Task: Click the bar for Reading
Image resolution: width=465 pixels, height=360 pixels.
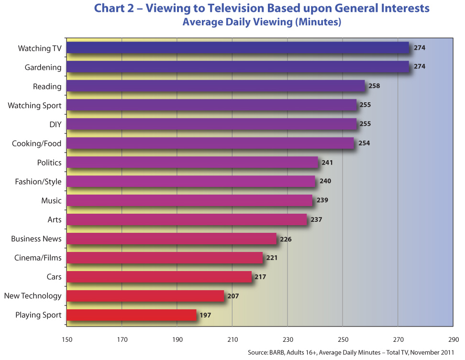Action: click(x=215, y=86)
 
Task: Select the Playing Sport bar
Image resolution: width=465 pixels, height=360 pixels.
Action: click(x=132, y=315)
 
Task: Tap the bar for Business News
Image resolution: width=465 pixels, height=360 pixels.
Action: click(x=171, y=239)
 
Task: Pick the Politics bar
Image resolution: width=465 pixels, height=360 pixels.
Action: click(x=192, y=163)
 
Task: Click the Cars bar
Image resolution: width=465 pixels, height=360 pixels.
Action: click(x=159, y=277)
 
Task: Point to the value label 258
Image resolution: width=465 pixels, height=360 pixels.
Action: click(x=375, y=86)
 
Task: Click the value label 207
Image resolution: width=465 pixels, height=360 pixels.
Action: click(x=232, y=296)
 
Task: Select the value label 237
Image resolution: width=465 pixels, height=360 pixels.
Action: click(x=316, y=220)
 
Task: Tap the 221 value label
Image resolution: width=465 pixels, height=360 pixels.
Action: click(x=272, y=258)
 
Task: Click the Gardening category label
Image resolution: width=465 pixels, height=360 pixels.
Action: click(x=43, y=67)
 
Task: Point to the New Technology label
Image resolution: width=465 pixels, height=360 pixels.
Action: click(x=33, y=296)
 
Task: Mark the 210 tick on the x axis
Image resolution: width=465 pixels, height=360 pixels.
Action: click(x=232, y=340)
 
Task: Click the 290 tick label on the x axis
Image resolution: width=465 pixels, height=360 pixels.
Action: click(x=453, y=340)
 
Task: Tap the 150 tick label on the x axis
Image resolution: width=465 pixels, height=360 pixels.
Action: click(x=66, y=340)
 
